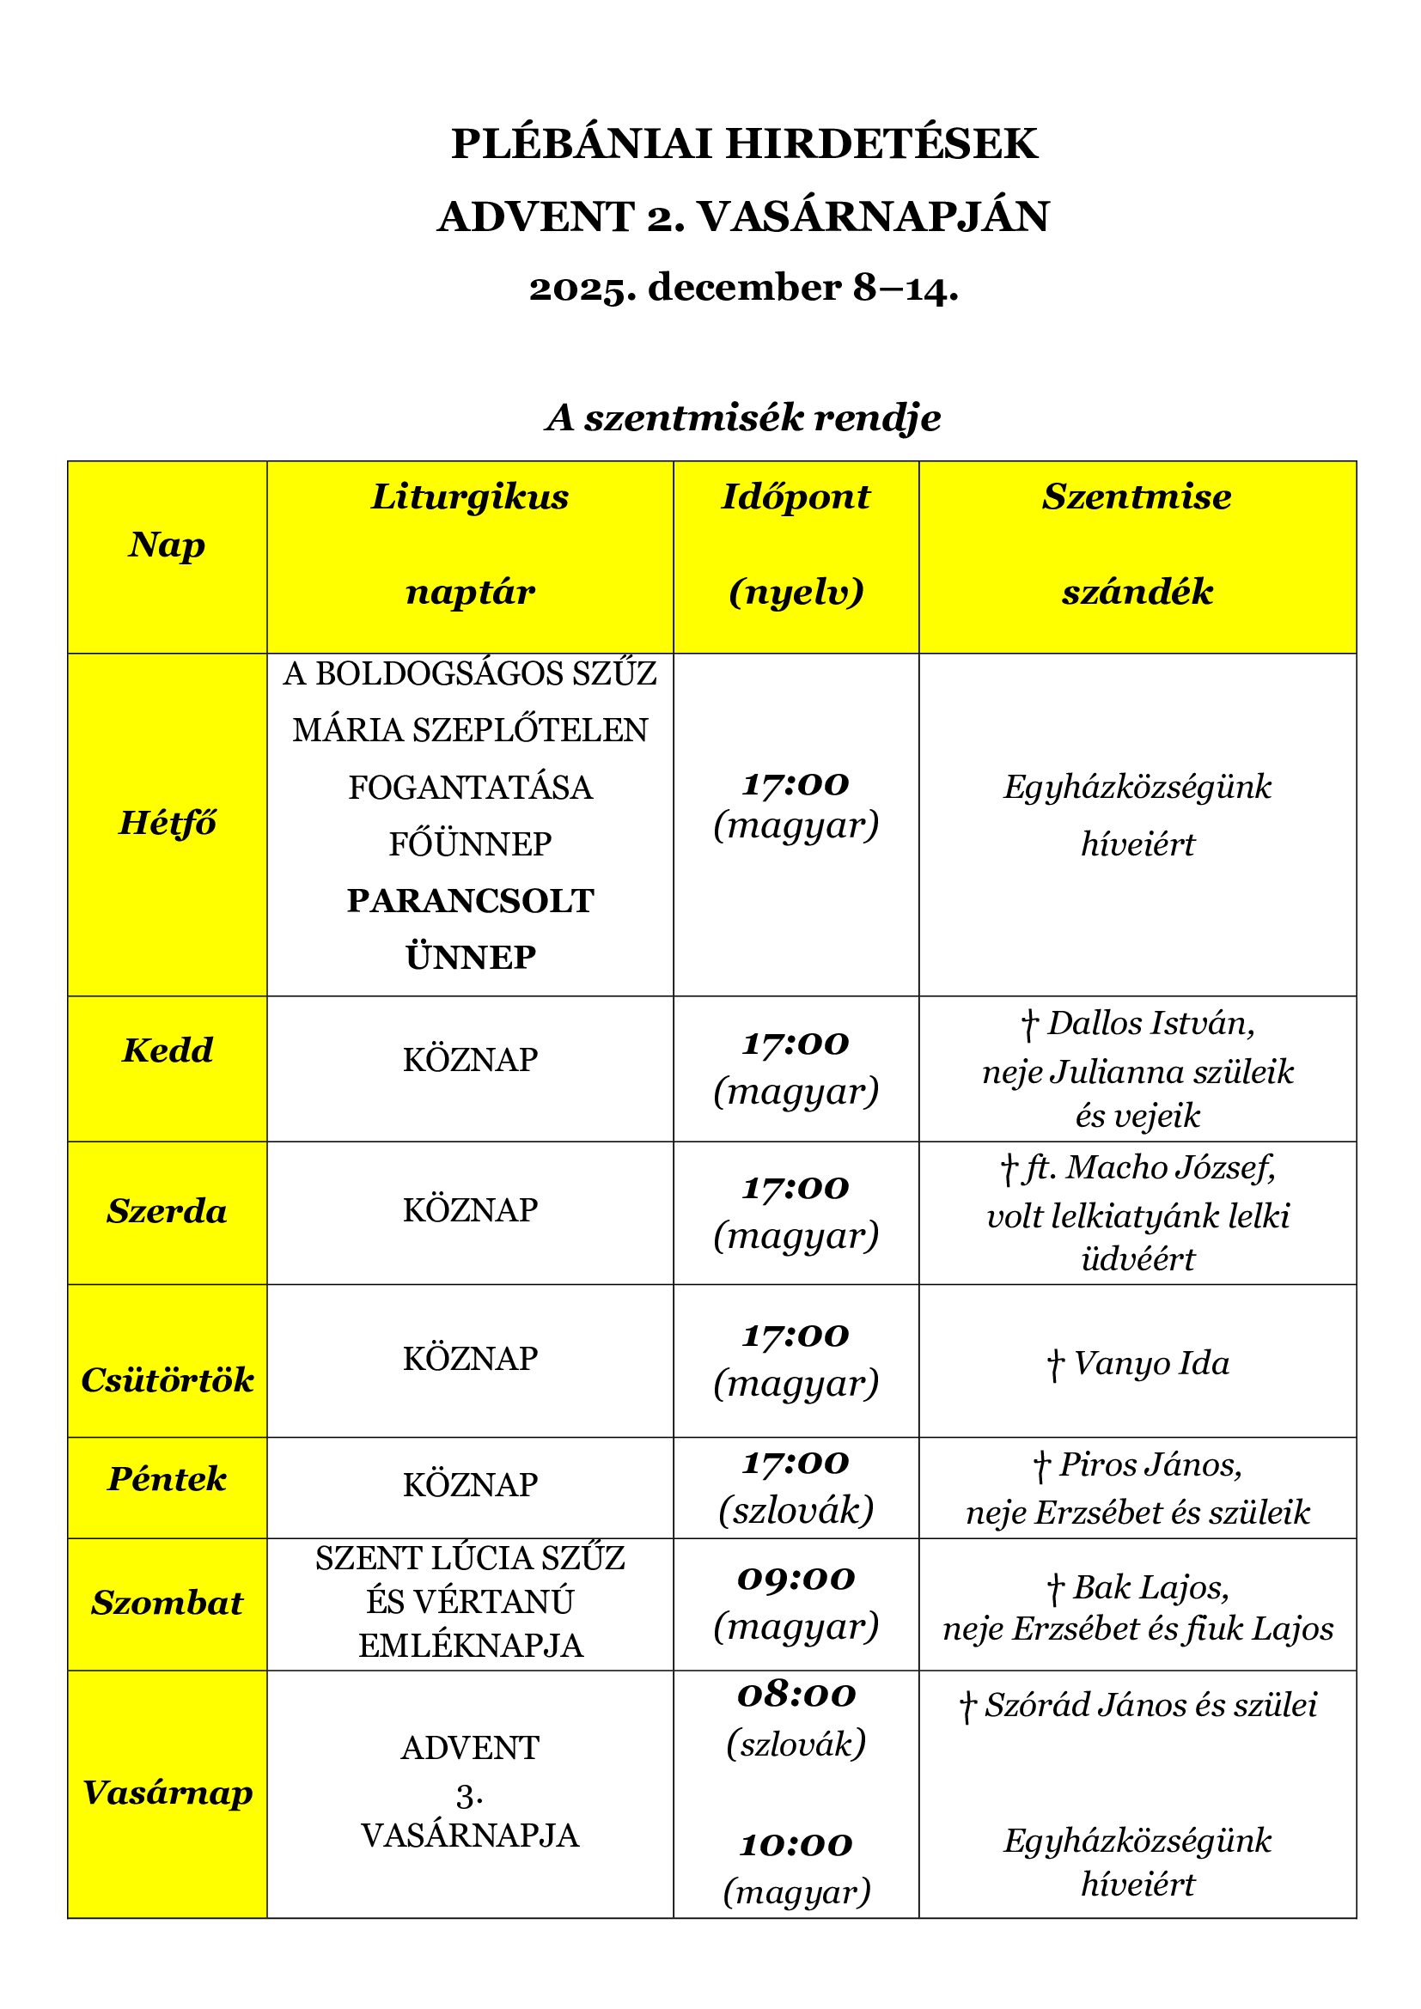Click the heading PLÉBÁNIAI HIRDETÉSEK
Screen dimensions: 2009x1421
click(x=744, y=144)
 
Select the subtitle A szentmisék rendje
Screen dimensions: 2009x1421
click(x=744, y=418)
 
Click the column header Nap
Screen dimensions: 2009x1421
click(x=168, y=545)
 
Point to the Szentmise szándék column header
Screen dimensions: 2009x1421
click(x=1137, y=544)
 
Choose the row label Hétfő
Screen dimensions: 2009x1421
click(x=168, y=824)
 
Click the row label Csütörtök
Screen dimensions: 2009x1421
click(x=168, y=1380)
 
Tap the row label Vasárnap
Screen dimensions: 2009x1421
click(x=168, y=1793)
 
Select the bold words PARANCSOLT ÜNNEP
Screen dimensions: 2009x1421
click(x=470, y=928)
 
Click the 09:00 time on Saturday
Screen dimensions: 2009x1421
click(x=796, y=1579)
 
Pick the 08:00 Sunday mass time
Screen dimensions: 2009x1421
click(x=796, y=1695)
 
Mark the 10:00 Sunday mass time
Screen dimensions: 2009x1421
click(x=796, y=1844)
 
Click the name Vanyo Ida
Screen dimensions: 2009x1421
click(x=1150, y=1363)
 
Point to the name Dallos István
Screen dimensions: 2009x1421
click(x=1150, y=1023)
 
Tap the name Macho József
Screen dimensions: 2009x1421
click(x=1170, y=1167)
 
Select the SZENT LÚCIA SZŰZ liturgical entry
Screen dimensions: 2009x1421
click(x=470, y=1558)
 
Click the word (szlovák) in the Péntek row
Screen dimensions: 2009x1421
click(x=796, y=1511)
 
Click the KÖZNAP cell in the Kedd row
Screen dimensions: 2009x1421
click(x=470, y=1060)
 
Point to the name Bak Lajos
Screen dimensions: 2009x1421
click(x=1150, y=1587)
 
